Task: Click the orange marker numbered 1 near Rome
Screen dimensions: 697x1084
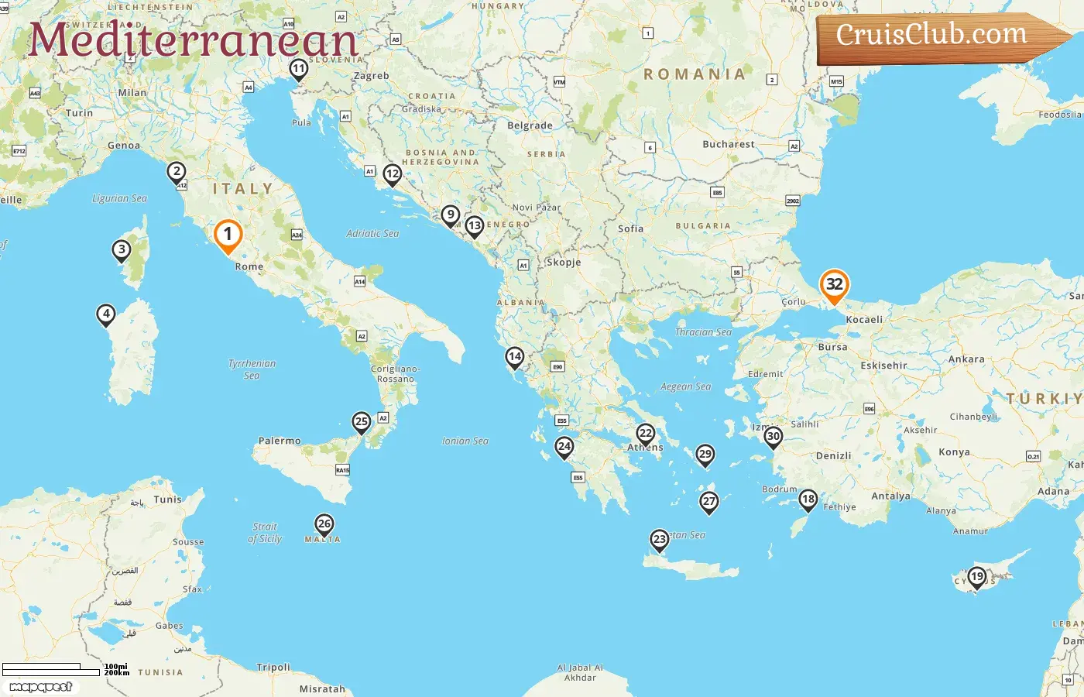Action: pyautogui.click(x=228, y=235)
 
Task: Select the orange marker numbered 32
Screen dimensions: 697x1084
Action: pyautogui.click(x=834, y=284)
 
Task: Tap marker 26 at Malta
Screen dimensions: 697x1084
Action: pyautogui.click(x=324, y=524)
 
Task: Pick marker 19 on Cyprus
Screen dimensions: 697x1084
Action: pyautogui.click(x=977, y=576)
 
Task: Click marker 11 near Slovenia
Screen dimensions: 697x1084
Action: pyautogui.click(x=299, y=69)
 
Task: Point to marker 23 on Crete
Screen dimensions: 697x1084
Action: pyautogui.click(x=659, y=539)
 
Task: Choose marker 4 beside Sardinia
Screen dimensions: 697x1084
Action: pyautogui.click(x=106, y=314)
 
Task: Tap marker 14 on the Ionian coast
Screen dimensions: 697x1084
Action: pyautogui.click(x=515, y=357)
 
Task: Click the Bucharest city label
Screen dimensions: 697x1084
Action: pyautogui.click(x=728, y=144)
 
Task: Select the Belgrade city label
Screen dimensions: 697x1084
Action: pyautogui.click(x=530, y=125)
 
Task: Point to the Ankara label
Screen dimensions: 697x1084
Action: pyautogui.click(x=966, y=359)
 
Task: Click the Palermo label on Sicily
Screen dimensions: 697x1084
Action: pyautogui.click(x=280, y=441)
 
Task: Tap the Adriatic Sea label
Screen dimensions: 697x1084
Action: pyautogui.click(x=372, y=233)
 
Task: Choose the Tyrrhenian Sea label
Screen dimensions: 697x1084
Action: pyautogui.click(x=252, y=369)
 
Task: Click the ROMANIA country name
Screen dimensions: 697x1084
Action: pyautogui.click(x=695, y=74)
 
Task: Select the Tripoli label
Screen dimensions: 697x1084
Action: pyautogui.click(x=273, y=667)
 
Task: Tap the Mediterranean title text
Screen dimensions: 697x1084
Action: pyautogui.click(x=194, y=40)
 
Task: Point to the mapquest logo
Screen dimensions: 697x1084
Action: pyautogui.click(x=40, y=687)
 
